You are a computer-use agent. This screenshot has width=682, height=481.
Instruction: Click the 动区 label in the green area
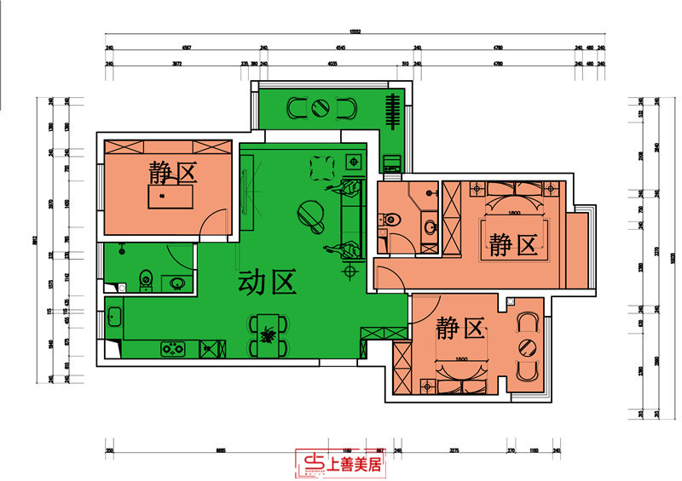(x=267, y=282)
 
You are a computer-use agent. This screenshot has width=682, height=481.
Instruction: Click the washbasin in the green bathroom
(x=178, y=283)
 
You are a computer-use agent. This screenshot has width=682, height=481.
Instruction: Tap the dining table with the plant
(x=269, y=335)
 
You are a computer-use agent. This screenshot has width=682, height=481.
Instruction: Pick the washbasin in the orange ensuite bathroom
(x=431, y=227)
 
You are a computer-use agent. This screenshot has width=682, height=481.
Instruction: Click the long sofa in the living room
(x=347, y=216)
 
